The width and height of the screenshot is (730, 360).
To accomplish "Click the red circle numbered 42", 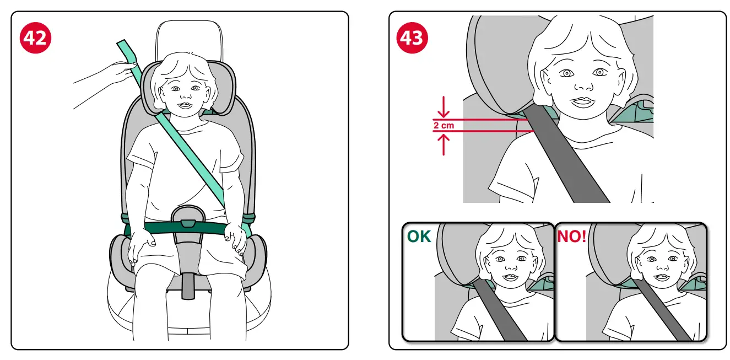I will point(35,37).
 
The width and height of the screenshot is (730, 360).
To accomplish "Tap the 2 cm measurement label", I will point(444,126).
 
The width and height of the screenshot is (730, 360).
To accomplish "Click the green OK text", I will point(420,237).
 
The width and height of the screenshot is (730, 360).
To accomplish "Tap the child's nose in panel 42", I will point(182,96).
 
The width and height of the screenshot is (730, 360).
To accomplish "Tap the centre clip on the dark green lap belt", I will point(188,223).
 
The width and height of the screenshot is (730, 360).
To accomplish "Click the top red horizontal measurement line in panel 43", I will point(479,120).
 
